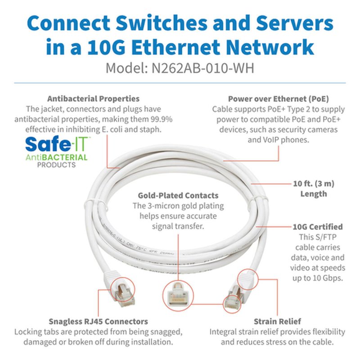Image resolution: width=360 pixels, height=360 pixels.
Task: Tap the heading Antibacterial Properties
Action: [x=93, y=99]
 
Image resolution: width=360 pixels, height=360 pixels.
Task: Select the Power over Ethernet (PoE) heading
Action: [x=278, y=99]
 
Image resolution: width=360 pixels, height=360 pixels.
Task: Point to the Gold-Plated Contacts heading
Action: [x=178, y=195]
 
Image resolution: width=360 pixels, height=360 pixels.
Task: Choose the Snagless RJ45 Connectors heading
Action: [x=98, y=321]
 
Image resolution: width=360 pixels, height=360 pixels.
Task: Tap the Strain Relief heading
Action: [x=277, y=321]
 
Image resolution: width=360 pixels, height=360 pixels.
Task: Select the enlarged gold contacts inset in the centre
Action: [x=180, y=295]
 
